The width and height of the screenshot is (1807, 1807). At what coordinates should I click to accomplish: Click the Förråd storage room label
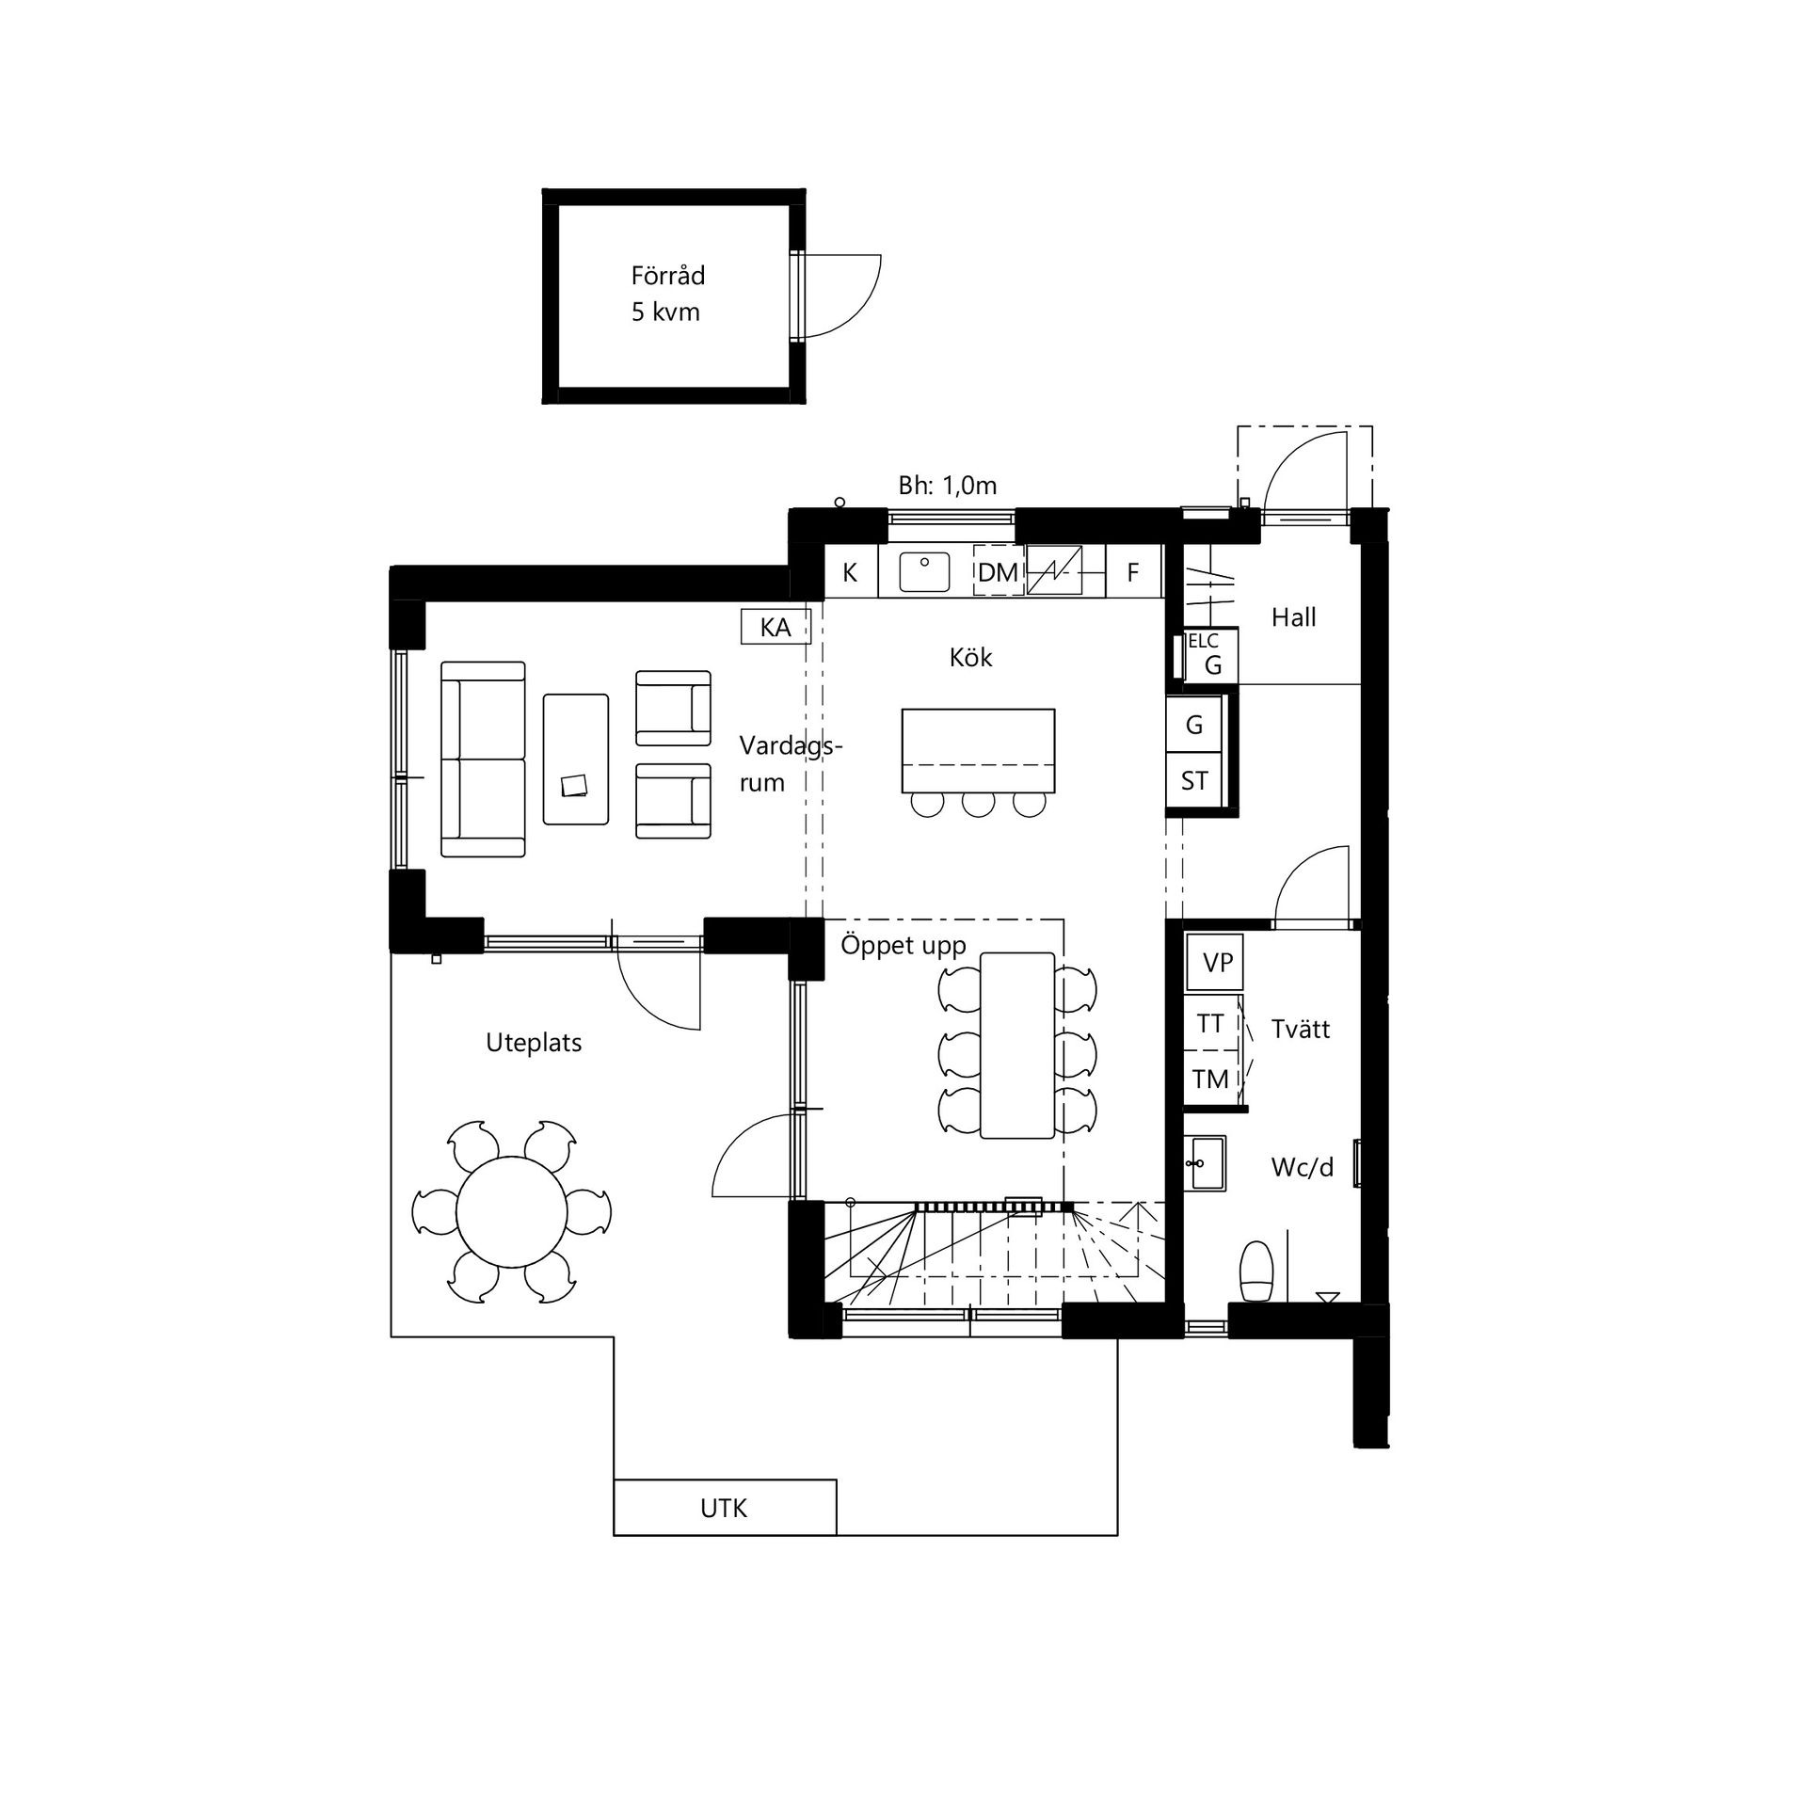(667, 276)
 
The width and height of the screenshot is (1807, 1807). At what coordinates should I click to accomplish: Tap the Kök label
(970, 657)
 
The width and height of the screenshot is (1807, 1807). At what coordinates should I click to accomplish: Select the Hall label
(1293, 617)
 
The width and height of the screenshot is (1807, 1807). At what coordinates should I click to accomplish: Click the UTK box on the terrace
(725, 1508)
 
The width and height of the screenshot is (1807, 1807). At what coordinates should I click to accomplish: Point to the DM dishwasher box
(999, 571)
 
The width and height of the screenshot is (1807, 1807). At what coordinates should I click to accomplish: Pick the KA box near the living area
(776, 627)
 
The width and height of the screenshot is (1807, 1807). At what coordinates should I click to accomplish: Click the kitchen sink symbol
(924, 570)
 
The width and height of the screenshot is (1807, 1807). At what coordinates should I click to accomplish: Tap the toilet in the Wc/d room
(1257, 1271)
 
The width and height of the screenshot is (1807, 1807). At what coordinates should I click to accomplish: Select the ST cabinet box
(1194, 780)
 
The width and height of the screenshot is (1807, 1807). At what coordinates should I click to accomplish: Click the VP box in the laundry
(1215, 963)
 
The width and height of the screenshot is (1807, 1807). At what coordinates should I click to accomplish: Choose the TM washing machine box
(1210, 1079)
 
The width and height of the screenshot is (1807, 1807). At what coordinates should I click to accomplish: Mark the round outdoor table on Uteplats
(512, 1212)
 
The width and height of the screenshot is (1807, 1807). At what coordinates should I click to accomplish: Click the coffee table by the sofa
(576, 760)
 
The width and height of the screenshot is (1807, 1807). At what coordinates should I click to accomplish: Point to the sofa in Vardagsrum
(483, 759)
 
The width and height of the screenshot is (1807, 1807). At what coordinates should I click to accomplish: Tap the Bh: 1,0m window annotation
(947, 486)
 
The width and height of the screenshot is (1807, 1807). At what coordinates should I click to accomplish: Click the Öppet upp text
(903, 946)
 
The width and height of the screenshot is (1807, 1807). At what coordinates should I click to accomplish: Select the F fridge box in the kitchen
(1134, 571)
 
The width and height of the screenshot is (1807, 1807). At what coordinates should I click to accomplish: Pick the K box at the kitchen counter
(851, 571)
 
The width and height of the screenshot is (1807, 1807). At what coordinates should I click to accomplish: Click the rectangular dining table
(1017, 1045)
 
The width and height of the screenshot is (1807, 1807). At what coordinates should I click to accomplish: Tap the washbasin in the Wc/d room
(1205, 1163)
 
